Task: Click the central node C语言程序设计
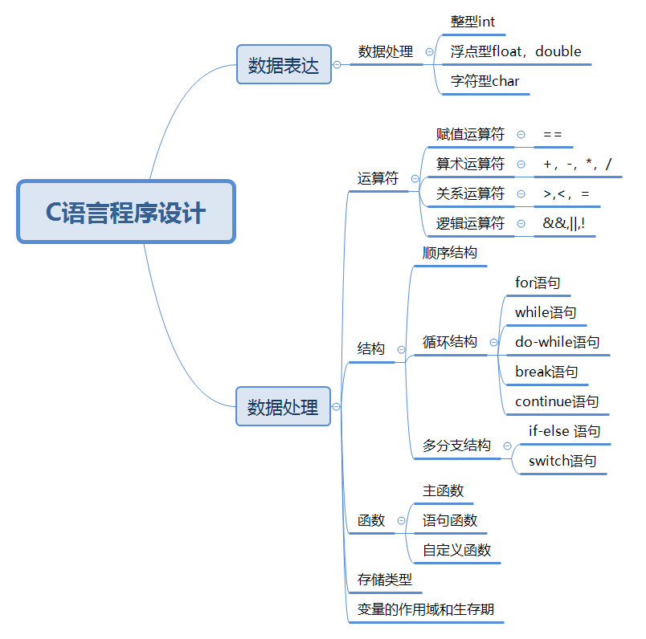pos(125,212)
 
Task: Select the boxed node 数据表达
pos(284,65)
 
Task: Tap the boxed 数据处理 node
pos(283,407)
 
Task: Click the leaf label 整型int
pos(472,22)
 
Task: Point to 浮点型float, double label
pos(515,51)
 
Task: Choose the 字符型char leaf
pos(484,81)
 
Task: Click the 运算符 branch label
pos(378,178)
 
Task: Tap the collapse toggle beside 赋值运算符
pos(521,135)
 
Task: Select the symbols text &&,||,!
pos(564,224)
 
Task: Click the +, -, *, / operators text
pos(577,165)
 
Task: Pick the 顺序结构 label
pos(450,253)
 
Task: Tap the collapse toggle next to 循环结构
pos(493,342)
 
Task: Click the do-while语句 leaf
pos(557,342)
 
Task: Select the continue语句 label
pos(557,401)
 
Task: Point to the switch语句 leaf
pos(562,461)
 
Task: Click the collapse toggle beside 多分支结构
pos(507,446)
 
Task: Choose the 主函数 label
pos(444,490)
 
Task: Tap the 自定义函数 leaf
pos(456,550)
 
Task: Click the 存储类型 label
pos(384,579)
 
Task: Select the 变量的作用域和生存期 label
pos(425,609)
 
